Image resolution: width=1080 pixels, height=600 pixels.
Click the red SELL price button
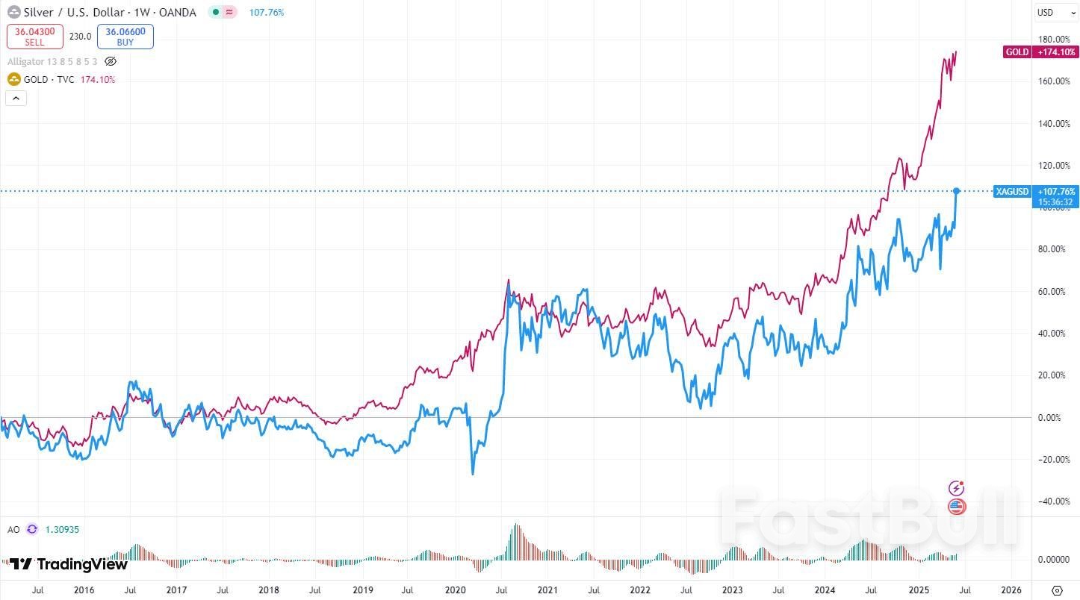point(35,37)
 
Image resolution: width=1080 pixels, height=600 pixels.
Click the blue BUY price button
point(125,37)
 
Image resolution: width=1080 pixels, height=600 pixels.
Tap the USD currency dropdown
point(1054,13)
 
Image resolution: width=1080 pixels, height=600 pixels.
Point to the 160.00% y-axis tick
point(1054,81)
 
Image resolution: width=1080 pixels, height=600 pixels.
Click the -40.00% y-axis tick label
point(1054,501)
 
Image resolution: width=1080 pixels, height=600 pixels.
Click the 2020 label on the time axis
point(455,590)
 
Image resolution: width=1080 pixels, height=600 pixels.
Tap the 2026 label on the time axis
point(1011,590)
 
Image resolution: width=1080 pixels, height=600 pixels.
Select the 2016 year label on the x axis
point(84,590)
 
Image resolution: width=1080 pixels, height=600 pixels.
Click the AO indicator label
point(13,529)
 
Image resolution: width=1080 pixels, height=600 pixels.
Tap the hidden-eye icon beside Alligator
point(111,61)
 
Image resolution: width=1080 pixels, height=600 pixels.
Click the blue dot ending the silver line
point(956,191)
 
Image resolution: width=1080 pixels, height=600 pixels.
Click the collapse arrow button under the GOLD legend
point(16,98)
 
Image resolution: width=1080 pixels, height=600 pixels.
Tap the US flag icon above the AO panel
point(957,507)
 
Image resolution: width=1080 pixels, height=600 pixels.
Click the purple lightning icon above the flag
point(957,488)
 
